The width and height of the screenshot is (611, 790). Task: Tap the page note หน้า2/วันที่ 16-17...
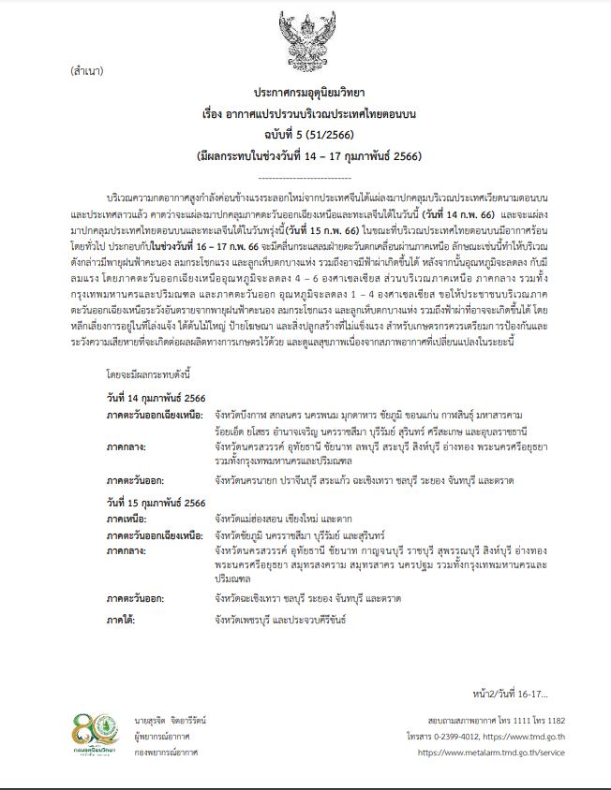[x=510, y=694]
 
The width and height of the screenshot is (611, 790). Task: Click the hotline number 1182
[x=552, y=722]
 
